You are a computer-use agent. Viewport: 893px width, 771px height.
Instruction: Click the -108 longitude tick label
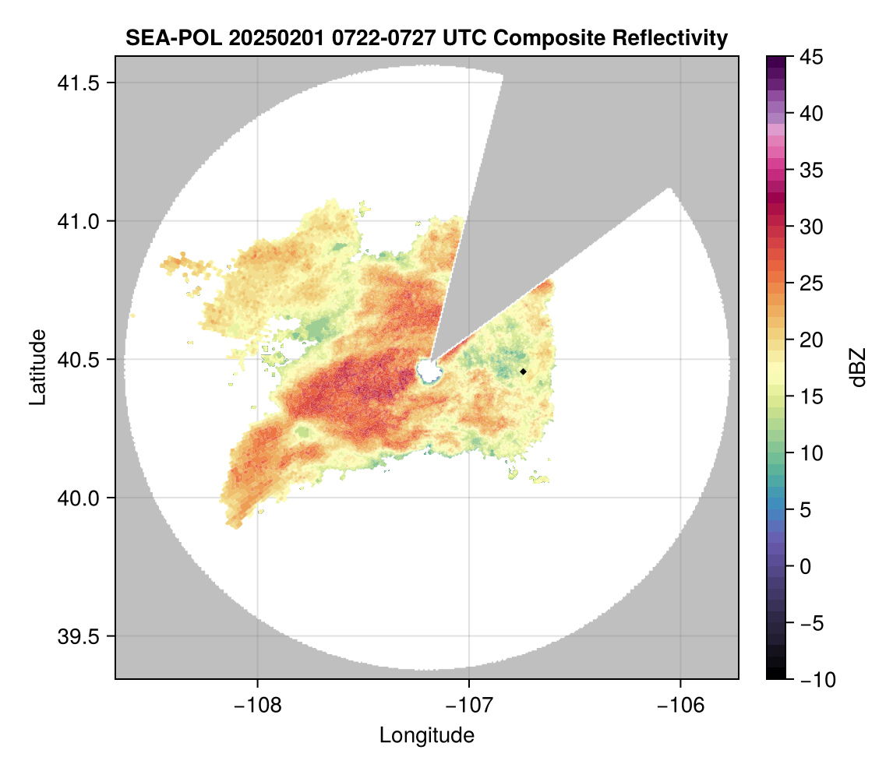[x=257, y=706]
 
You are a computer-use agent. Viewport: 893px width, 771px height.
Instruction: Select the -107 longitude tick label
[x=469, y=706]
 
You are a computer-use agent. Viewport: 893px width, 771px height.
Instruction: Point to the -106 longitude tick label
[x=681, y=706]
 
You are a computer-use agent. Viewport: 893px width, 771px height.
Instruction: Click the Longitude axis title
[x=426, y=734]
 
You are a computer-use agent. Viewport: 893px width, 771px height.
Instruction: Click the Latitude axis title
[x=37, y=367]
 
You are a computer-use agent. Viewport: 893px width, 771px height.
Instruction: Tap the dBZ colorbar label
[x=858, y=368]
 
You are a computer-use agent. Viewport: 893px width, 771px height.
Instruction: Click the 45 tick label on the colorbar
[x=811, y=57]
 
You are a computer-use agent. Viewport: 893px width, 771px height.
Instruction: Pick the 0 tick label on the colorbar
[x=807, y=566]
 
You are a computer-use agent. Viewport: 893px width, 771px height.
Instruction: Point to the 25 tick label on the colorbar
[x=811, y=283]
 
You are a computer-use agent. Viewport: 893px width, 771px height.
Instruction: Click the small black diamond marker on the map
[x=523, y=371]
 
